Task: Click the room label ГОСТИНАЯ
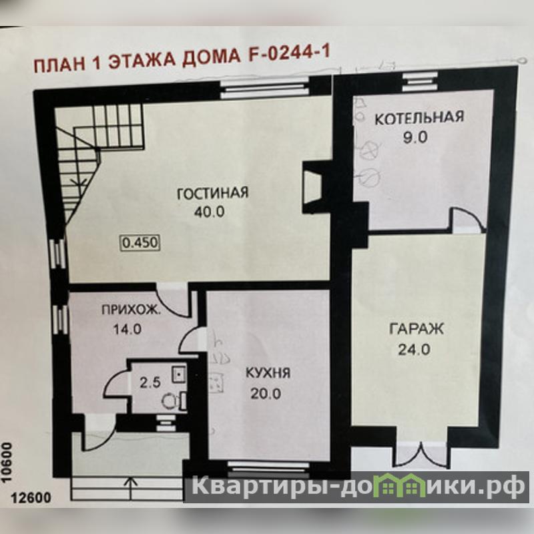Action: pos(213,193)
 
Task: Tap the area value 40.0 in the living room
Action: pos(209,212)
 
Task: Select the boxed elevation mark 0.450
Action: pos(140,243)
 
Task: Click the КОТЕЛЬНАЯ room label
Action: pos(419,118)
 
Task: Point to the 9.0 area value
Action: pos(415,138)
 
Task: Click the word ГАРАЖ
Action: pos(416,329)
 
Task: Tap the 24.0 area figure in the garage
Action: pos(415,350)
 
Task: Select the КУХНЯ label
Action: pos(268,374)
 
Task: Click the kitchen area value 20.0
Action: pos(266,394)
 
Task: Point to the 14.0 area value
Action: pos(127,329)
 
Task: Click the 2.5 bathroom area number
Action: pos(150,382)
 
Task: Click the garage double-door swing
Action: pos(421,455)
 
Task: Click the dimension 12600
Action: pos(31,498)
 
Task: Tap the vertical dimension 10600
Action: pos(7,462)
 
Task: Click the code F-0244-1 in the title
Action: pos(289,55)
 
